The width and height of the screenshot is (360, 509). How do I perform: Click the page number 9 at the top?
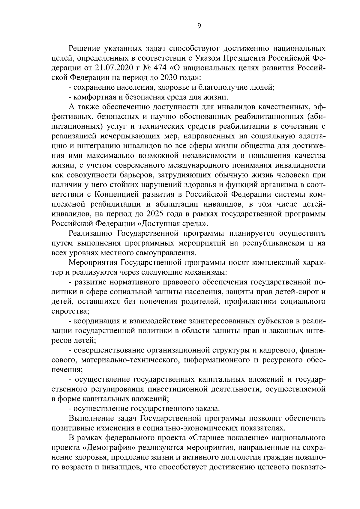tap(199, 26)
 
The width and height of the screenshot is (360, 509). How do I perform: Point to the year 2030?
tap(160, 78)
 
